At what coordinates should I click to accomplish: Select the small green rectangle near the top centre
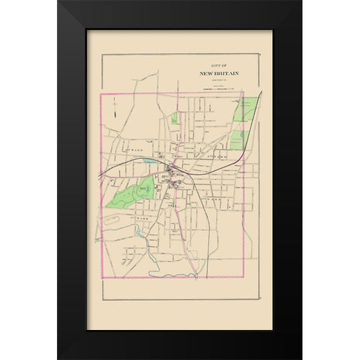click(x=175, y=118)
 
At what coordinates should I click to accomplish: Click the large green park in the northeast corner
click(x=243, y=112)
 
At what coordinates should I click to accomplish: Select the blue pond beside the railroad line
click(x=151, y=160)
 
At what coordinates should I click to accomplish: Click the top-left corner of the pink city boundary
click(x=102, y=95)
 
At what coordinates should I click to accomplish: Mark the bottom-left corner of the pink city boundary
click(x=102, y=277)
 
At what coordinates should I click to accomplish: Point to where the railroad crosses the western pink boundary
click(x=102, y=172)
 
